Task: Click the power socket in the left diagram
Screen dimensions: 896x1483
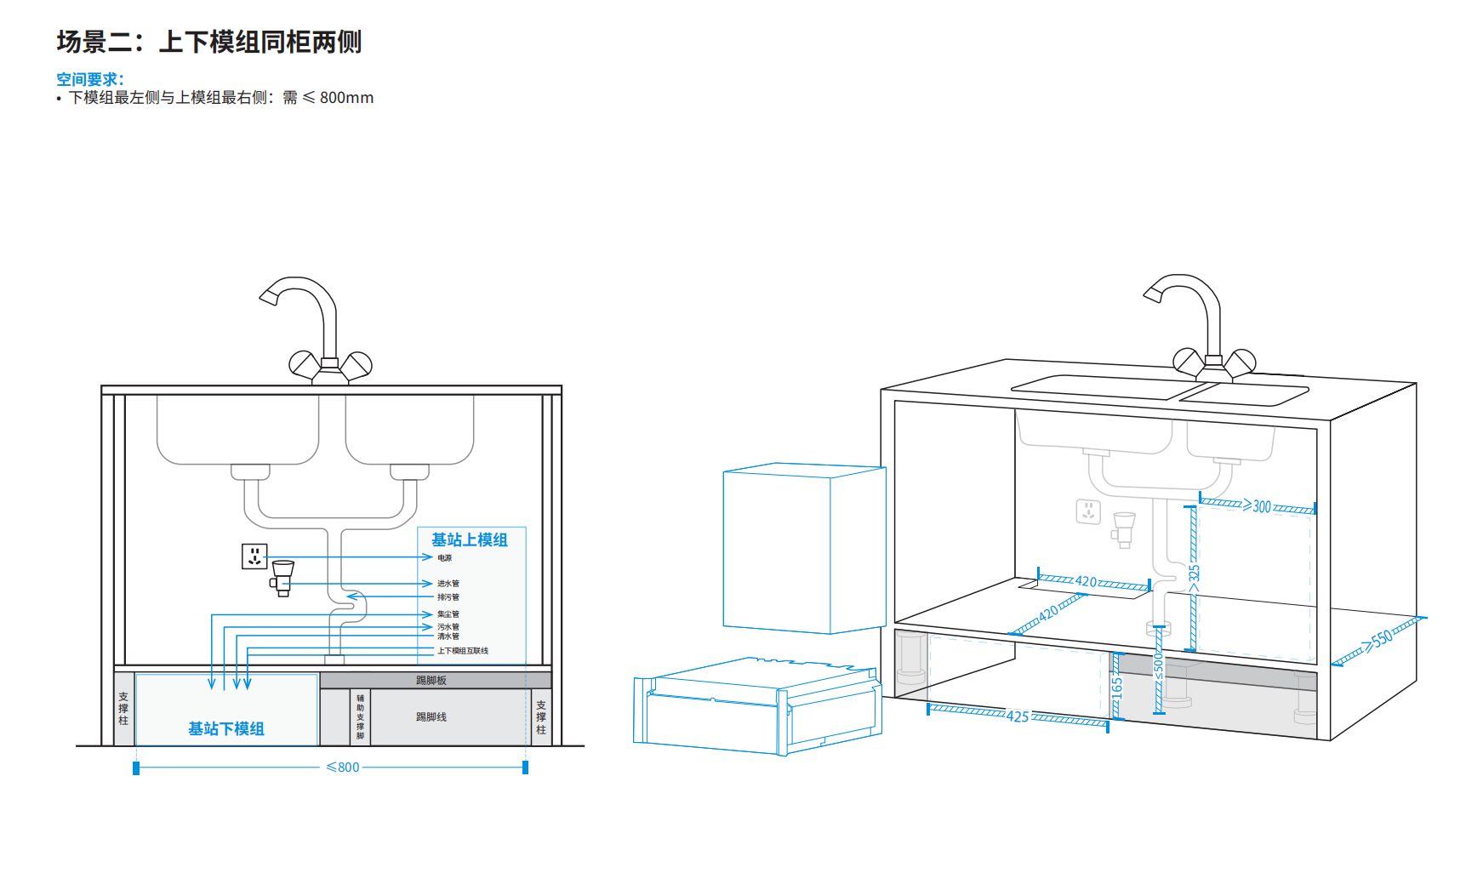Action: (254, 556)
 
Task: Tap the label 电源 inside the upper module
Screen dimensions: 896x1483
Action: (445, 558)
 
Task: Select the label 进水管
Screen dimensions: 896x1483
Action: (448, 584)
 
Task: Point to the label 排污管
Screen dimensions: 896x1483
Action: (448, 597)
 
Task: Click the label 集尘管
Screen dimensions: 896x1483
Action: (448, 614)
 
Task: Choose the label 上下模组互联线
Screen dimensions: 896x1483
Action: (463, 651)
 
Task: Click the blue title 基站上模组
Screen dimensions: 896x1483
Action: (469, 540)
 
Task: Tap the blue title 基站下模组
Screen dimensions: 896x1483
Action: (226, 729)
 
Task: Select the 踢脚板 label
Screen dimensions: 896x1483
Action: (431, 681)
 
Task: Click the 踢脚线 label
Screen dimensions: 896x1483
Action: (431, 717)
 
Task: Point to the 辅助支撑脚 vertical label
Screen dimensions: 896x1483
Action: (361, 717)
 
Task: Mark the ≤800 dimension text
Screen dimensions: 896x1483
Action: (343, 768)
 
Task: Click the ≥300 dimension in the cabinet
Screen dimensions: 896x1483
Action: (1258, 506)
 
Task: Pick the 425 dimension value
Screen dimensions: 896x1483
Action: (1018, 716)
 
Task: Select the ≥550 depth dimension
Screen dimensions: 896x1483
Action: (1378, 640)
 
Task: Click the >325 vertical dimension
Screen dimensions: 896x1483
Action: (1194, 576)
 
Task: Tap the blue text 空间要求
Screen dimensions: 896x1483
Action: (88, 79)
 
